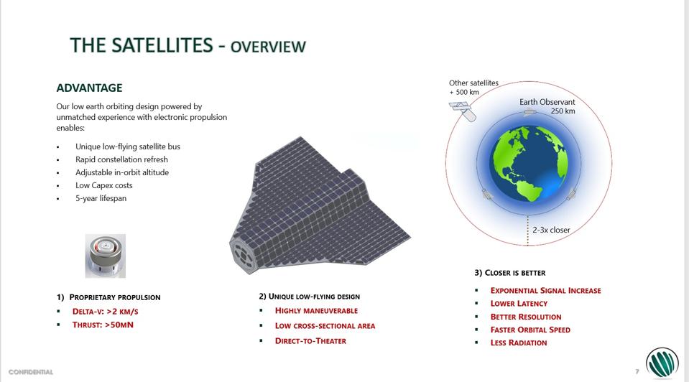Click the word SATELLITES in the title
click(162, 45)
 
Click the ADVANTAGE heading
click(89, 88)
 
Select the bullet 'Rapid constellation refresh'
click(121, 159)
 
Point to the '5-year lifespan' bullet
click(101, 198)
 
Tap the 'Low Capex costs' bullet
click(103, 185)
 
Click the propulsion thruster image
click(106, 256)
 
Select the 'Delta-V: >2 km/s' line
click(106, 312)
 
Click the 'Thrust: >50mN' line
click(103, 325)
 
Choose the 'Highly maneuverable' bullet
click(316, 310)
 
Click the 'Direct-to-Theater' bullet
click(310, 341)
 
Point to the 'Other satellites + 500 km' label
click(473, 88)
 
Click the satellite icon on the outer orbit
click(463, 111)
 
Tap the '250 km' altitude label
click(563, 111)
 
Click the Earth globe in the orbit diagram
click(529, 164)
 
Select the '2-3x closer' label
click(551, 230)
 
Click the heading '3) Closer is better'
click(509, 273)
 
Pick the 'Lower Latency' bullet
click(519, 304)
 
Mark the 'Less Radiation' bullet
click(519, 343)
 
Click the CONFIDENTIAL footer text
click(31, 372)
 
